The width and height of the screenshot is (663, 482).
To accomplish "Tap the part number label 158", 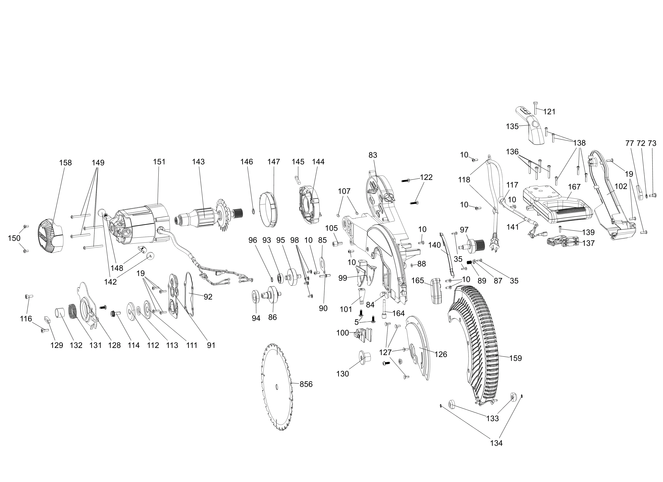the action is point(65,163).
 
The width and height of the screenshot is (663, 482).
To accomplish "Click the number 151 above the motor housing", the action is point(159,162).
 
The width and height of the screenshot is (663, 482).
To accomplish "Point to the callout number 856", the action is point(306,384).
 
